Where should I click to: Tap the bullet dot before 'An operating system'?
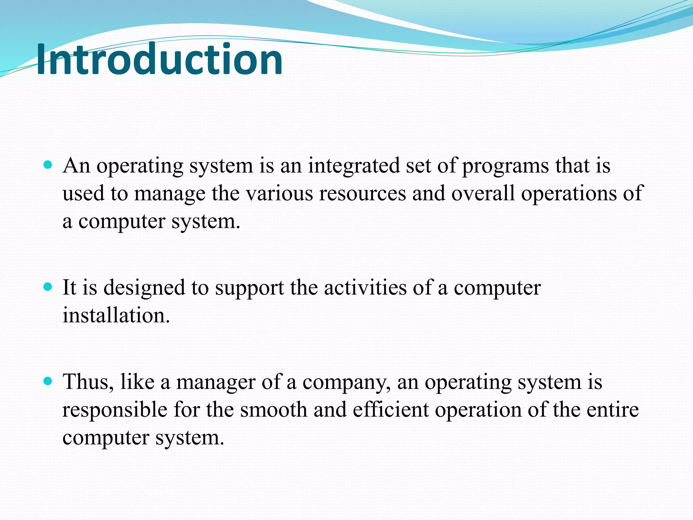tap(48, 165)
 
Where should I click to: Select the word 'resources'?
tap(362, 194)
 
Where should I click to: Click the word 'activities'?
tap(365, 288)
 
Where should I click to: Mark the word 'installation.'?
tap(116, 316)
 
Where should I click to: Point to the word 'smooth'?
tap(273, 410)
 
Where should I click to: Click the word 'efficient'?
tap(391, 410)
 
